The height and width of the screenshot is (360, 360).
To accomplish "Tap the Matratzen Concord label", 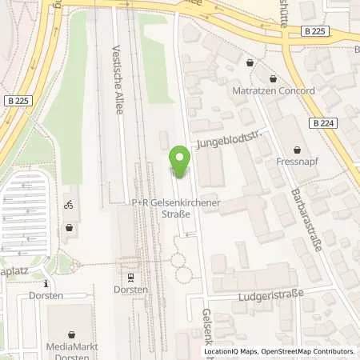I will (x=274, y=90).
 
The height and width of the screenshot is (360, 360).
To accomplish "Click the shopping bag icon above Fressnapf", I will (x=298, y=150).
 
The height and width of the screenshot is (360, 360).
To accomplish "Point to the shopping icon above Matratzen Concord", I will (x=274, y=79).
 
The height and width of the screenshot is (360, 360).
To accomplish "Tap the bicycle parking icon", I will (x=69, y=204).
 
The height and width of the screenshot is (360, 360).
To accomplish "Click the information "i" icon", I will (x=46, y=283).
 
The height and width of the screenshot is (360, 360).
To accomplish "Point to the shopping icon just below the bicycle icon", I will (x=70, y=227).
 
